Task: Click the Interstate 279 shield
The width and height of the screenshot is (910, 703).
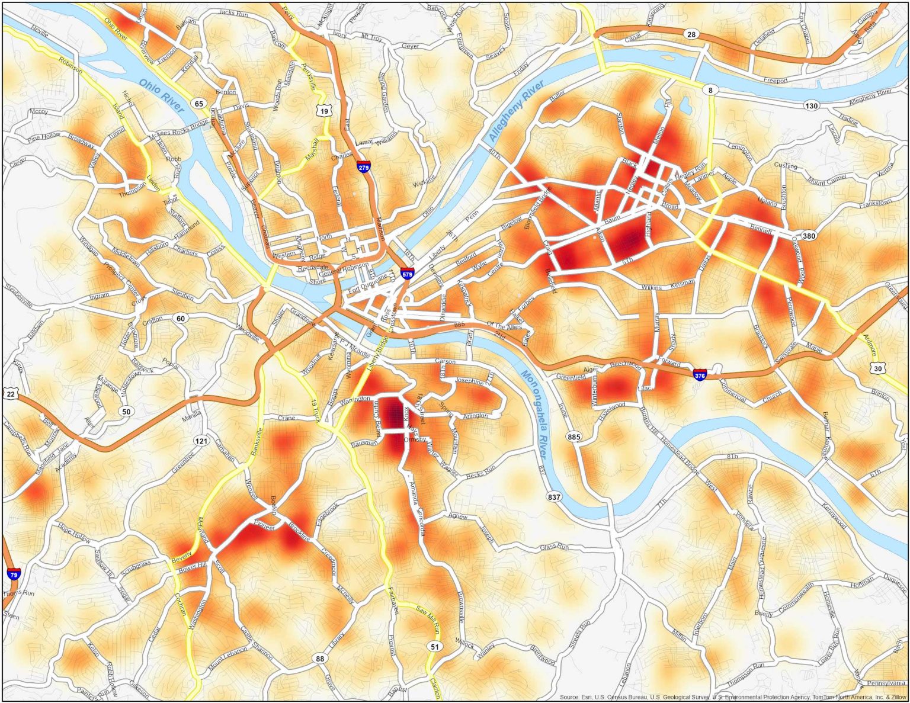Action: point(364,166)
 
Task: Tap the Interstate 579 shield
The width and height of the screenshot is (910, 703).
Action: point(406,274)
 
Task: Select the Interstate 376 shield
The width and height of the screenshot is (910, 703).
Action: point(700,375)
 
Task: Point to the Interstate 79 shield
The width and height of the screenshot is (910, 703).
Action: point(14,573)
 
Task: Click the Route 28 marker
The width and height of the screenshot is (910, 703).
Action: point(691,34)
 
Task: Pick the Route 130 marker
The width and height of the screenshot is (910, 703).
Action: point(811,105)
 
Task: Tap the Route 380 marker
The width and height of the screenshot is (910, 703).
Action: point(809,236)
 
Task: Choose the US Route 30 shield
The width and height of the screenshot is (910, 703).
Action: point(877,368)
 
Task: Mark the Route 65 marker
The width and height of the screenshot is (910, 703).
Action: point(199,104)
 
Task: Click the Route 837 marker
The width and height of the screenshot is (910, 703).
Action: point(554,496)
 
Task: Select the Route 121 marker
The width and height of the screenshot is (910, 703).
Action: point(201,441)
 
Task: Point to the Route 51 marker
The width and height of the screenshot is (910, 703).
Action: point(435,646)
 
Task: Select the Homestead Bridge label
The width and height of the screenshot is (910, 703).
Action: point(680,456)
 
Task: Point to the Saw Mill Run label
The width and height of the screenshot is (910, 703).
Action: point(428,617)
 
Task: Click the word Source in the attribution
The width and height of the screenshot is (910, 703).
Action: point(569,697)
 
